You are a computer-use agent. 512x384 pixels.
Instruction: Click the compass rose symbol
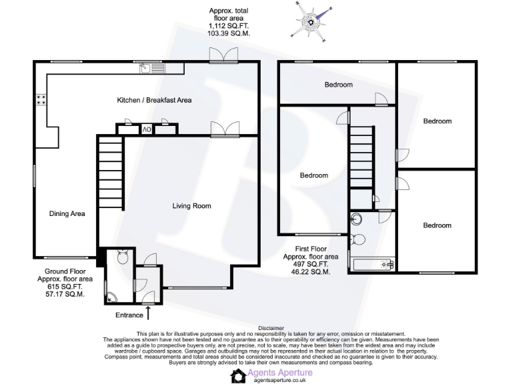pos(311,22)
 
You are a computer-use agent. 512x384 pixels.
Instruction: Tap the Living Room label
pos(192,206)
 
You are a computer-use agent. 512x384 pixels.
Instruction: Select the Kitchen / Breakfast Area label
pos(154,100)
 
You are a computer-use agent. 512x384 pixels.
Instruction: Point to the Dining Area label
pos(67,214)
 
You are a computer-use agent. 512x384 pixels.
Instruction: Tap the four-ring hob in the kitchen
pos(40,100)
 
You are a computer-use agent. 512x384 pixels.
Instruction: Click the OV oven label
pos(146,129)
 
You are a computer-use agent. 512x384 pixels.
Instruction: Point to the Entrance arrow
pos(148,311)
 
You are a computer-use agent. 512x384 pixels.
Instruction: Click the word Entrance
pos(129,315)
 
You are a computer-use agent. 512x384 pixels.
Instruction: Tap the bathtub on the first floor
pos(371,265)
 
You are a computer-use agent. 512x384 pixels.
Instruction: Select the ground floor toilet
pos(122,257)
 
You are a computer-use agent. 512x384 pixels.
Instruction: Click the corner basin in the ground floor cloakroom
pos(111,297)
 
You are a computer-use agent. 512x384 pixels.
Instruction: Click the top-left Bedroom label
pos(339,85)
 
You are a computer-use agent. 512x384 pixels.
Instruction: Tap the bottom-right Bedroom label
pos(437,225)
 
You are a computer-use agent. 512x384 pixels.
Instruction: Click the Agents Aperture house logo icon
pos(239,376)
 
